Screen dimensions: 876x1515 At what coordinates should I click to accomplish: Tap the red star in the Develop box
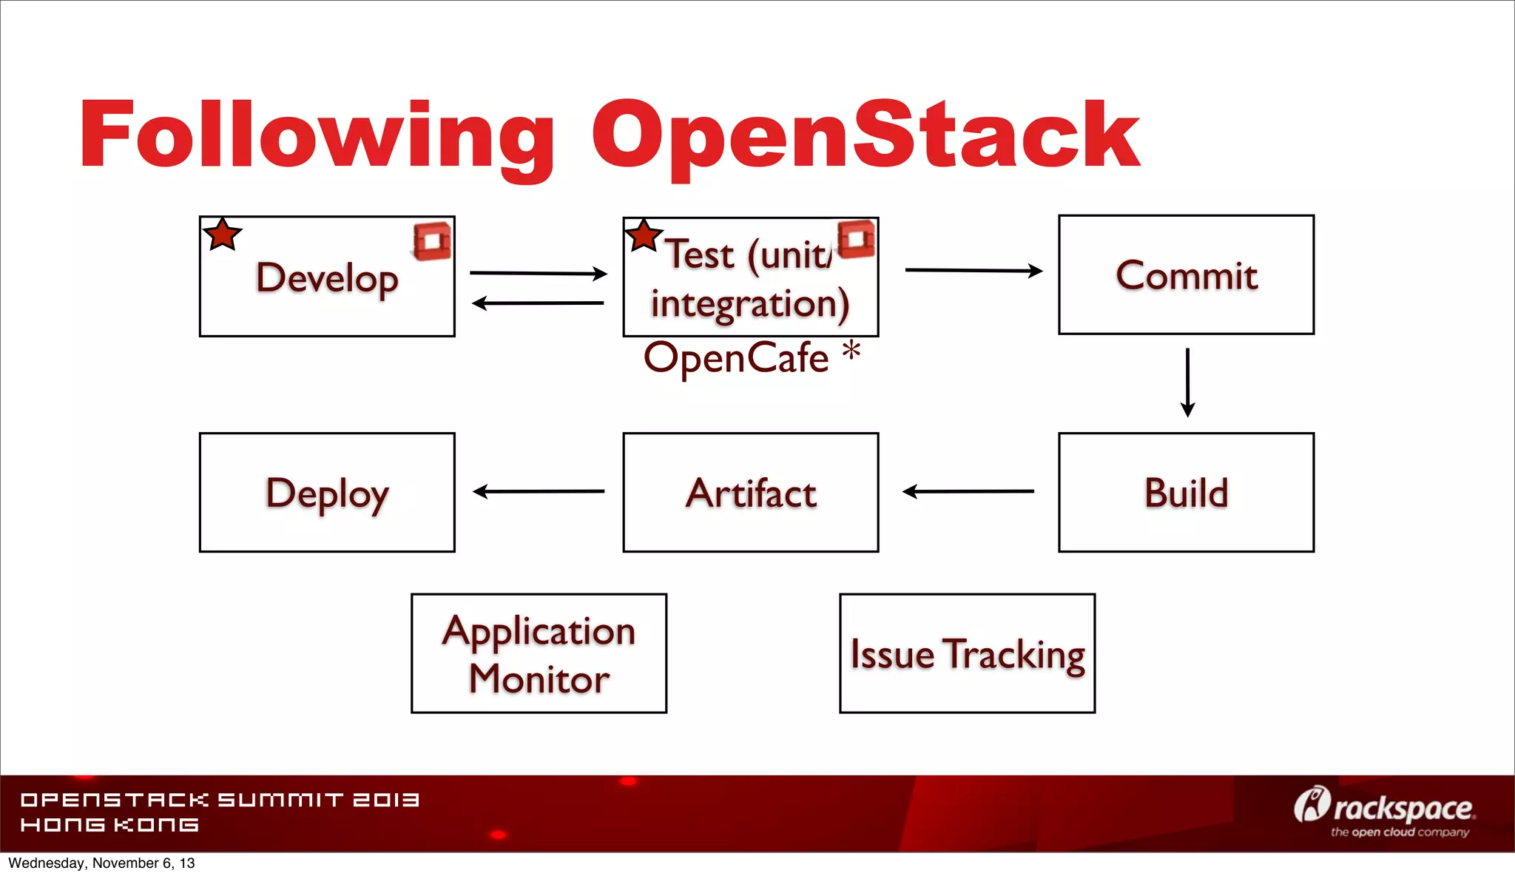click(222, 235)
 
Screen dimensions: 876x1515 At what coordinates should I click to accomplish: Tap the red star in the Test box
click(643, 236)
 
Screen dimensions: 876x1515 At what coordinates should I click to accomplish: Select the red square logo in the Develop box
click(432, 241)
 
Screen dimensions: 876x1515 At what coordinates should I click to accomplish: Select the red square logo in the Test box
click(857, 239)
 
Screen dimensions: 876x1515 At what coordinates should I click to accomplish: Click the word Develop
click(327, 278)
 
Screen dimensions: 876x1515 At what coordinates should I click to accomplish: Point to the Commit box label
click(1186, 275)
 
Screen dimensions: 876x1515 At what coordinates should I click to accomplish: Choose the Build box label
click(1186, 493)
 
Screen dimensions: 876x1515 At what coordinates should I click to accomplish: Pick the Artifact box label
click(751, 493)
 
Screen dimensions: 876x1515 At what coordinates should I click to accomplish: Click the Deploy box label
click(327, 494)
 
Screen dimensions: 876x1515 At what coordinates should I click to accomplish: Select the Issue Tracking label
click(967, 654)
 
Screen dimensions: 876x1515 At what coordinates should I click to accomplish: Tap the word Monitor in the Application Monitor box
click(539, 678)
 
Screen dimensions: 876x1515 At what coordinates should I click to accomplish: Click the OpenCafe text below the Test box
click(736, 358)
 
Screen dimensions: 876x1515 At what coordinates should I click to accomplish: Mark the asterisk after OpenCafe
click(851, 350)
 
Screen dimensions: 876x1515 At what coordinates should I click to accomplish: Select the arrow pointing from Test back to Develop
click(538, 303)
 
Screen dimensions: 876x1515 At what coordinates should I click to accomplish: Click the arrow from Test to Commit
click(973, 271)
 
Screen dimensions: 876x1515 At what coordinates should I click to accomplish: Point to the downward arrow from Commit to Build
click(1187, 382)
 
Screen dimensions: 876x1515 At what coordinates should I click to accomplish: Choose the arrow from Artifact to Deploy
click(538, 491)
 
